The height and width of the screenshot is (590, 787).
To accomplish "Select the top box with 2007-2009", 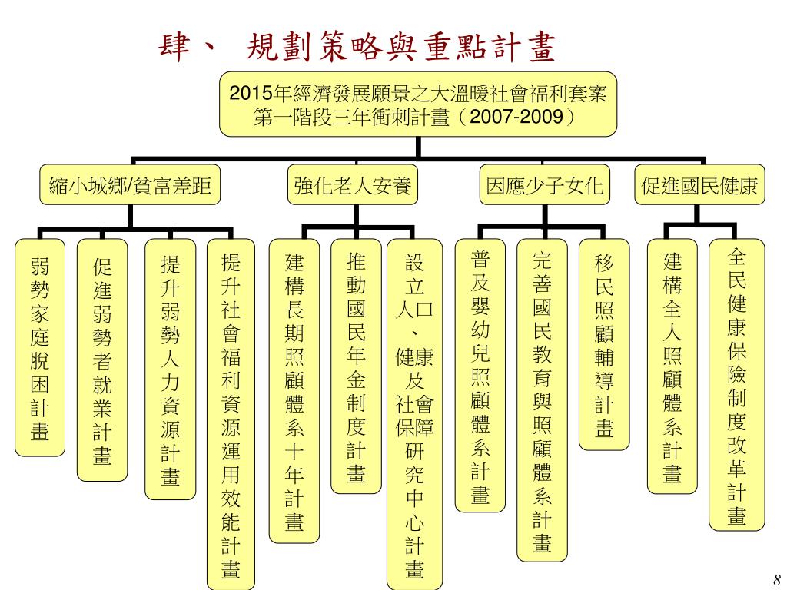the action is (418, 104).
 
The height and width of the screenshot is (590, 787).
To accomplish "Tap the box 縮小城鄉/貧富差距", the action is (131, 185).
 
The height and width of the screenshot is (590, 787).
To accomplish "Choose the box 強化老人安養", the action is (353, 185).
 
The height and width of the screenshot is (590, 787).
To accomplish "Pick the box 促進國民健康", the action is (699, 185).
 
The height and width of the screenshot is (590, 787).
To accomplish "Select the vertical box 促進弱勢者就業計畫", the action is (102, 360).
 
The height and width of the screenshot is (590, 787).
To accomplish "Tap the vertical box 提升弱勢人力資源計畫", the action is (170, 370).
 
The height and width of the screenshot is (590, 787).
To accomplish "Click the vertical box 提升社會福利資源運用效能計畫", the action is (231, 414).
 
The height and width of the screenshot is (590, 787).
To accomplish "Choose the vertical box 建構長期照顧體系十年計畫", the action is (294, 391).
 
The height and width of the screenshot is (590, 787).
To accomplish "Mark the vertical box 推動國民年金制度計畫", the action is (356, 366).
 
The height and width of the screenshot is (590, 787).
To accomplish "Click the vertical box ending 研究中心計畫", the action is (414, 414).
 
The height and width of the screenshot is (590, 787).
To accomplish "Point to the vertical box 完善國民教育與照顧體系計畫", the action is (542, 399).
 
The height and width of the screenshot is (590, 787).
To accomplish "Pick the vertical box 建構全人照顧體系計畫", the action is (672, 366).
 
